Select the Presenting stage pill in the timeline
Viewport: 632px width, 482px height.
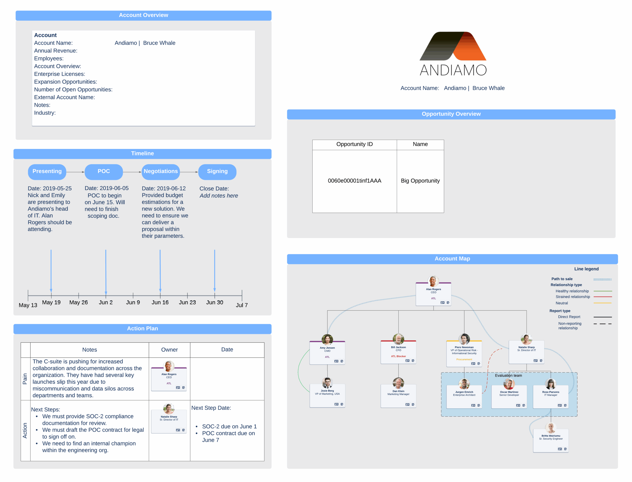click(47, 172)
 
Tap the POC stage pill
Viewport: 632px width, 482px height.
click(104, 172)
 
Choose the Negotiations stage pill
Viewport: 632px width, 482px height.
click(161, 172)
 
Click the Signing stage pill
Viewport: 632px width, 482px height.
click(217, 172)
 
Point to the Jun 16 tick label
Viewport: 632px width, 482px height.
click(160, 302)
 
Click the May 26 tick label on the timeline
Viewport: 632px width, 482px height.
click(79, 302)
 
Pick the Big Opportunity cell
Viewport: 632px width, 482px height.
click(420, 181)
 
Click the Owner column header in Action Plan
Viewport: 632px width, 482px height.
click(169, 350)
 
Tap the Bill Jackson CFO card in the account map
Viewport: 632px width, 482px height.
click(398, 352)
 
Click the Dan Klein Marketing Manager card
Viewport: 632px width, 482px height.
click(398, 396)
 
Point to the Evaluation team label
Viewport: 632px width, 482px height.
click(508, 376)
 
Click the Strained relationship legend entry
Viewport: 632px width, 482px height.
click(573, 297)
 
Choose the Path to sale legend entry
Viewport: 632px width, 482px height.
click(562, 279)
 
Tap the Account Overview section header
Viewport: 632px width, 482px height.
click(143, 16)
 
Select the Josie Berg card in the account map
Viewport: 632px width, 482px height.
click(327, 395)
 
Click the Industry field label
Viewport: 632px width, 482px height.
click(45, 113)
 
